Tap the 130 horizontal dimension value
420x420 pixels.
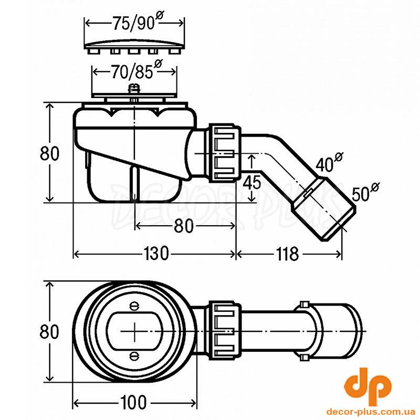tap(156, 253)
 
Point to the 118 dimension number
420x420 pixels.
tap(287, 254)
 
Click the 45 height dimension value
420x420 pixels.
tap(252, 182)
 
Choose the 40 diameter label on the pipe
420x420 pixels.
tap(329, 162)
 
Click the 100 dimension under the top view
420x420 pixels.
tap(133, 402)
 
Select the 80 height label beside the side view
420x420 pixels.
tap(49, 153)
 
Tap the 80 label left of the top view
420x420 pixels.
tap(49, 331)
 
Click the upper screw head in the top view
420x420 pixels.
tap(133, 307)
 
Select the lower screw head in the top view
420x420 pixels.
tap(133, 356)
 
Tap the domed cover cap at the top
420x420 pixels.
tap(134, 46)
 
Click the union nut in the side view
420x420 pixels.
tap(225, 153)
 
